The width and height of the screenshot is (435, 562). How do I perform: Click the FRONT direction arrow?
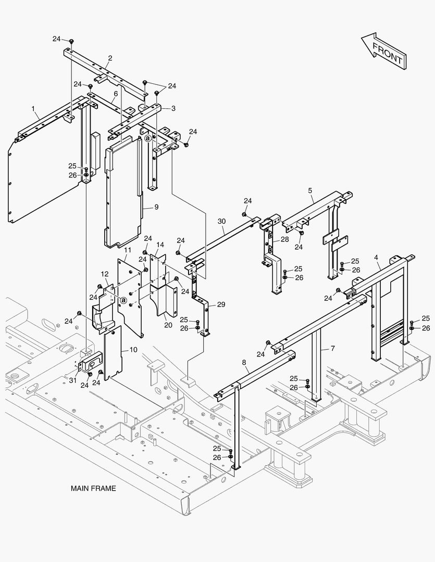click(x=383, y=50)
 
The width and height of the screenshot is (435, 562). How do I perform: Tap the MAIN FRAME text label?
click(x=93, y=489)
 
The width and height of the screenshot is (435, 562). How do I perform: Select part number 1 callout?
click(x=33, y=109)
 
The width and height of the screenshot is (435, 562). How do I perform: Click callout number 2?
click(x=110, y=58)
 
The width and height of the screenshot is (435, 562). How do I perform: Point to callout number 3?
click(x=173, y=108)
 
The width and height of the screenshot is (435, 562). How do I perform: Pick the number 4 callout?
click(x=376, y=257)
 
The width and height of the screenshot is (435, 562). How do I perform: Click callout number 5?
click(x=310, y=191)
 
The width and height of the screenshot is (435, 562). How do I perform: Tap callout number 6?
click(x=116, y=94)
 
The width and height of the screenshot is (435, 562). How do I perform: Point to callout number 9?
click(x=156, y=207)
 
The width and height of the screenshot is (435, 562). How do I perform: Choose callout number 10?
click(x=133, y=350)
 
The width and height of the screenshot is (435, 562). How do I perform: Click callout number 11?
click(x=127, y=250)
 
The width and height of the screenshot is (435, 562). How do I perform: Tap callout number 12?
click(x=104, y=274)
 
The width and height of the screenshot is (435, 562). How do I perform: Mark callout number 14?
click(x=160, y=245)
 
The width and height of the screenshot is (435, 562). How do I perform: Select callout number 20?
click(x=168, y=325)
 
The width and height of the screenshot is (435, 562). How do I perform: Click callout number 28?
click(x=284, y=239)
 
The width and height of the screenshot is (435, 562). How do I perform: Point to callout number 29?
click(x=221, y=304)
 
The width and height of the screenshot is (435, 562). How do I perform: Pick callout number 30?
click(x=221, y=221)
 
